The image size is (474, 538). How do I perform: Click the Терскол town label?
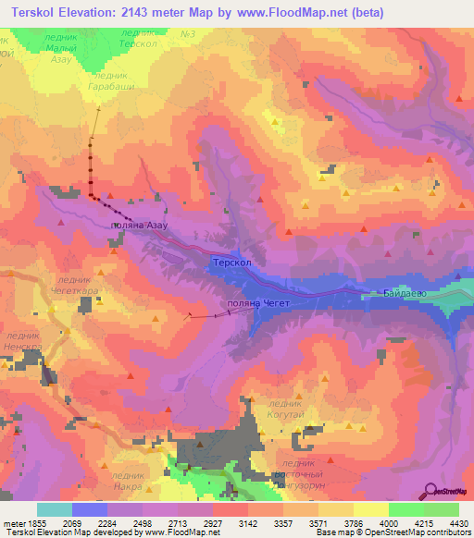tap(231, 263)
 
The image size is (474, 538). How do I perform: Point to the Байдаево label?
tap(405, 294)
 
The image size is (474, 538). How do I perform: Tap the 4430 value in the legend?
tap(456, 523)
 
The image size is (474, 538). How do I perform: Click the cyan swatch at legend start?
tap(54, 509)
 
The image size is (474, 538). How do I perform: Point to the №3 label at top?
tap(188, 34)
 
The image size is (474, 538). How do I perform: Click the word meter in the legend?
tap(16, 523)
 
